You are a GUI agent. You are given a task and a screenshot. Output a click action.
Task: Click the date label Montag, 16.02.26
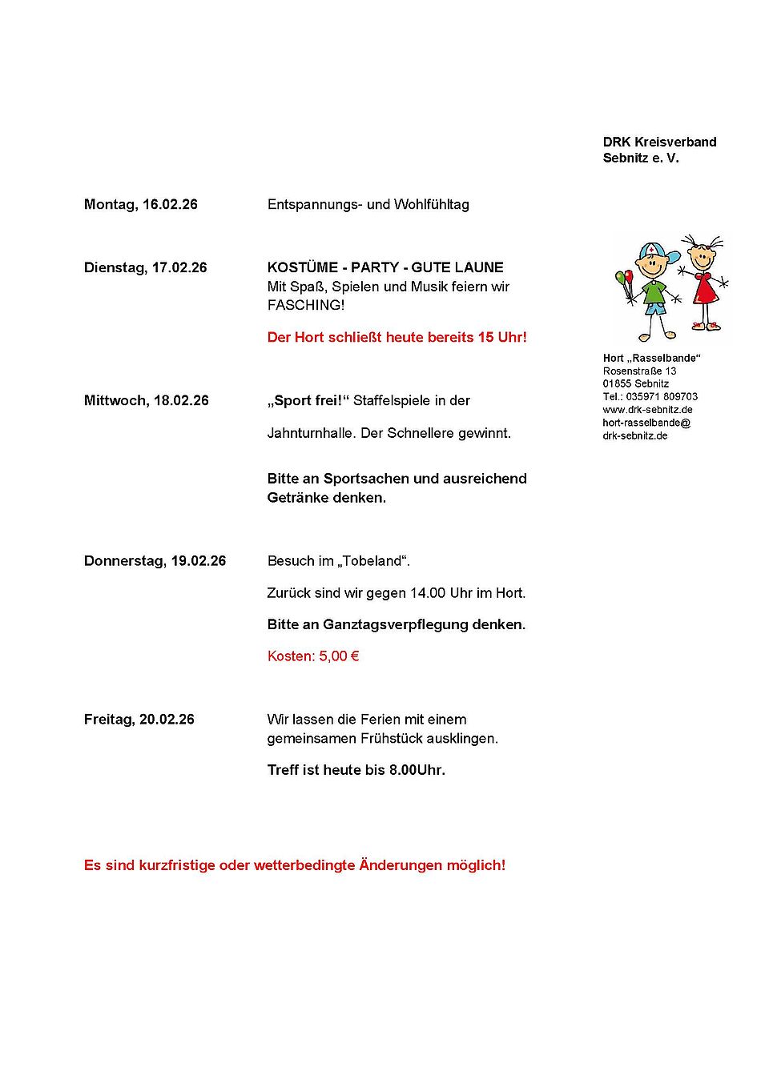[140, 204]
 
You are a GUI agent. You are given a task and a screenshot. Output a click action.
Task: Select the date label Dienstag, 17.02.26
[145, 267]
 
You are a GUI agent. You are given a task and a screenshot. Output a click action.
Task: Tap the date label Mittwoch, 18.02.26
[146, 400]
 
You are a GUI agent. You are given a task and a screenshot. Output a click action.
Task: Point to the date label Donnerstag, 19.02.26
[155, 561]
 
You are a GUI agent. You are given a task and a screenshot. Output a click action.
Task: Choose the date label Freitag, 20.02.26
[139, 720]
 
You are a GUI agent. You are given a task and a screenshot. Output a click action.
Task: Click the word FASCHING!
[306, 305]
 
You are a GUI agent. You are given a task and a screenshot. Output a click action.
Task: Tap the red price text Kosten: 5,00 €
[313, 656]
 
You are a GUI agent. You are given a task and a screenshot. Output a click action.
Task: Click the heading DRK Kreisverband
[659, 142]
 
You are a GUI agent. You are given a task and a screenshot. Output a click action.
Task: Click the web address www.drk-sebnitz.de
[647, 410]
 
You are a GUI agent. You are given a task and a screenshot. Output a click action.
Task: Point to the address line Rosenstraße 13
[639, 371]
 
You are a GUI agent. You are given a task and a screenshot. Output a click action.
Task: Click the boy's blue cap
[657, 249]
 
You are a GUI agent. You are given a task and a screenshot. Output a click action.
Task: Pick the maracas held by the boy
[625, 280]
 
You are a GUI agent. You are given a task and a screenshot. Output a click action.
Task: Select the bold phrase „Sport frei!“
[308, 400]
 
